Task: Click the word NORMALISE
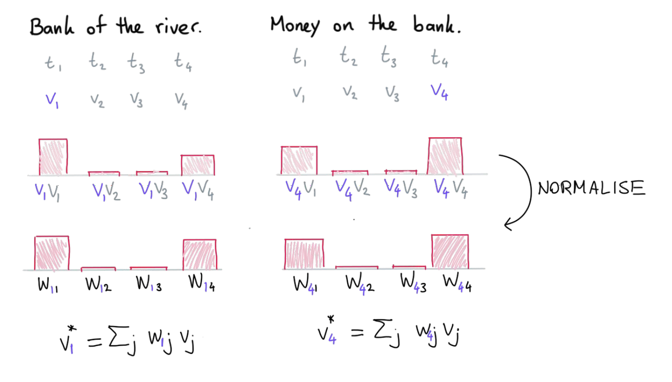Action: click(x=591, y=188)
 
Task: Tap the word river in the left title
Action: click(x=178, y=27)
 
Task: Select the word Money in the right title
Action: click(x=295, y=26)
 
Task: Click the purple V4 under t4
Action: click(x=439, y=91)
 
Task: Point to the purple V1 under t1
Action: click(x=52, y=100)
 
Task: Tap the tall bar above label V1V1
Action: click(x=53, y=157)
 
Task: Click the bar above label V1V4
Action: click(x=198, y=165)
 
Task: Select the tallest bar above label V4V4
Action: click(x=445, y=156)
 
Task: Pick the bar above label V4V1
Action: click(x=299, y=161)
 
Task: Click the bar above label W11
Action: click(x=52, y=253)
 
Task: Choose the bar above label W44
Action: click(x=450, y=252)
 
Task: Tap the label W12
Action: click(x=99, y=284)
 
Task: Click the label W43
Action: click(x=413, y=283)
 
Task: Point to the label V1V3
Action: click(x=153, y=191)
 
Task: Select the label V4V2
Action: click(x=352, y=190)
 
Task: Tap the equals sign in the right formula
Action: click(x=358, y=332)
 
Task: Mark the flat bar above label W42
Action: click(x=357, y=267)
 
